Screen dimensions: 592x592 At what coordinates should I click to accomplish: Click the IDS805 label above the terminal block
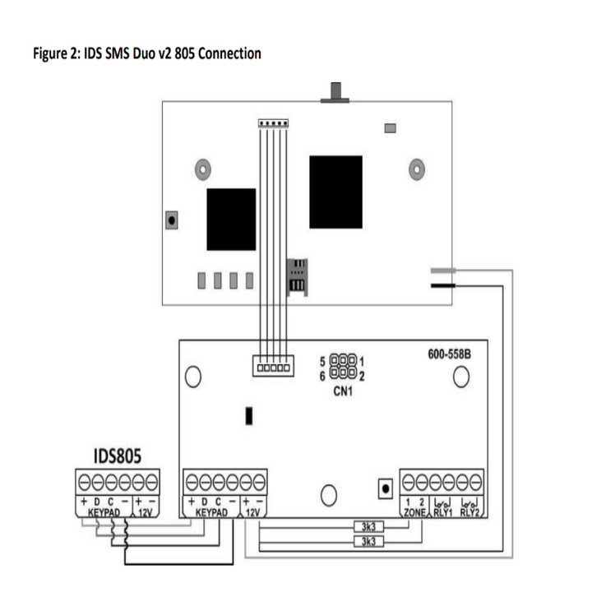click(x=115, y=455)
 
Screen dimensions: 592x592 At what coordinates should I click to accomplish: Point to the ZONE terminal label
click(x=414, y=511)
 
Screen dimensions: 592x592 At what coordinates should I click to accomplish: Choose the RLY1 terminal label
click(x=442, y=511)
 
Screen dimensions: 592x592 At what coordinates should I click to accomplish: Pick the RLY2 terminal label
click(x=469, y=511)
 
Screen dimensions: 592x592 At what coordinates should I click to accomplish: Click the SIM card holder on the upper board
click(x=295, y=276)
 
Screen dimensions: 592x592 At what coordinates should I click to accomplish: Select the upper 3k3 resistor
click(x=363, y=526)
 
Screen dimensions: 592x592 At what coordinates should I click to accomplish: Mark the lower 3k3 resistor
click(x=363, y=541)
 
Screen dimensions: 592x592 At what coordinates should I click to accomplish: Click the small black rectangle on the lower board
click(x=247, y=416)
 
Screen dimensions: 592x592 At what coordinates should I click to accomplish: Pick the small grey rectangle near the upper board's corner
click(x=390, y=128)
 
